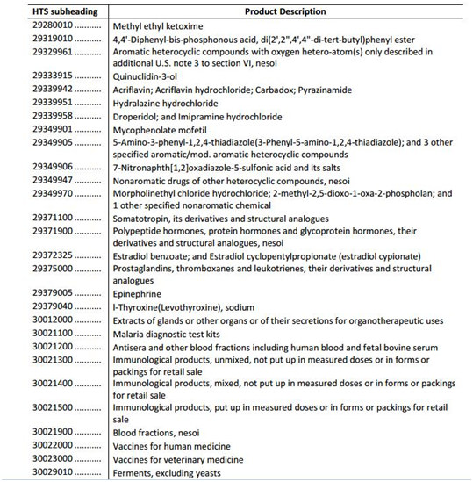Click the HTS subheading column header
59,11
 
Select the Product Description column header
280,11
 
